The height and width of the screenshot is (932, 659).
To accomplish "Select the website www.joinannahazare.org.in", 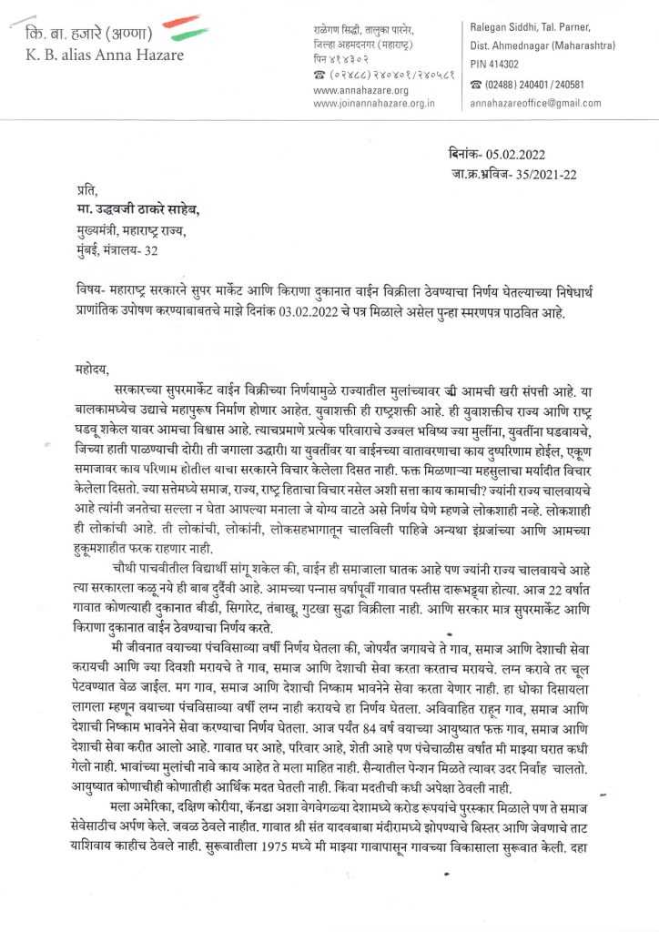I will coord(374,104).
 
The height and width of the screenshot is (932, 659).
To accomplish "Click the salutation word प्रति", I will coord(86,192).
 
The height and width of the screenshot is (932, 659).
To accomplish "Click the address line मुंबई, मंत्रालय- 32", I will coord(119,249).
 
